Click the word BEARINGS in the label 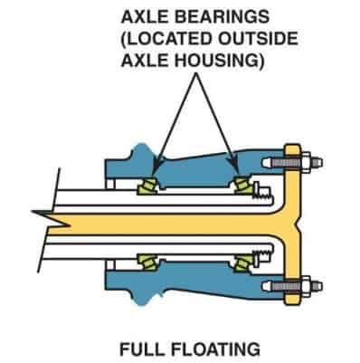click(x=209, y=16)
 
